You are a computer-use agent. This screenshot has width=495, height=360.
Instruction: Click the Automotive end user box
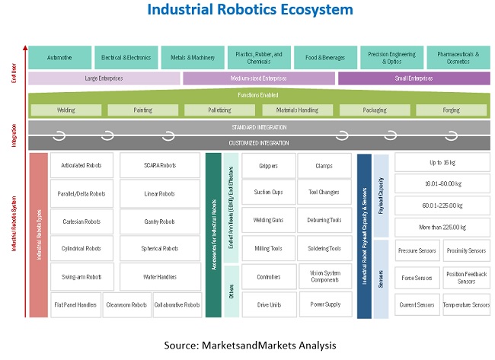(60, 57)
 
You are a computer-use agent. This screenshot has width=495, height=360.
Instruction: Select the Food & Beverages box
(325, 57)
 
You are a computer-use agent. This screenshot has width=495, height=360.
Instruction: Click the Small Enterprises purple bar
(414, 78)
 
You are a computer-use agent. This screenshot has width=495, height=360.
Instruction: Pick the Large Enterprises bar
(104, 78)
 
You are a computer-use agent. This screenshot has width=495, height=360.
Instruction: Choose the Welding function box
(66, 110)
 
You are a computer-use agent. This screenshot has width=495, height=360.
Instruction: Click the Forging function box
(451, 110)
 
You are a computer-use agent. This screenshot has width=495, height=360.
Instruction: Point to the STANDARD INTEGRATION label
(259, 127)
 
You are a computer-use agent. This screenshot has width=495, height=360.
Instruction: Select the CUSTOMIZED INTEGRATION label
(259, 143)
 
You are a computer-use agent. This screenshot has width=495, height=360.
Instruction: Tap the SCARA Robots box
(160, 165)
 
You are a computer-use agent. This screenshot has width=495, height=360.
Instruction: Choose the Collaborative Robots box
(177, 304)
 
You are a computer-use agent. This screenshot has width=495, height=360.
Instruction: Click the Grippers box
(268, 165)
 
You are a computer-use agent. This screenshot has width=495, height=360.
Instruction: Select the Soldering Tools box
(324, 248)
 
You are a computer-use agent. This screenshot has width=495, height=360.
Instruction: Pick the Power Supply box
(324, 304)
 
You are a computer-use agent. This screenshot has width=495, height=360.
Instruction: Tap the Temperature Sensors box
(466, 304)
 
